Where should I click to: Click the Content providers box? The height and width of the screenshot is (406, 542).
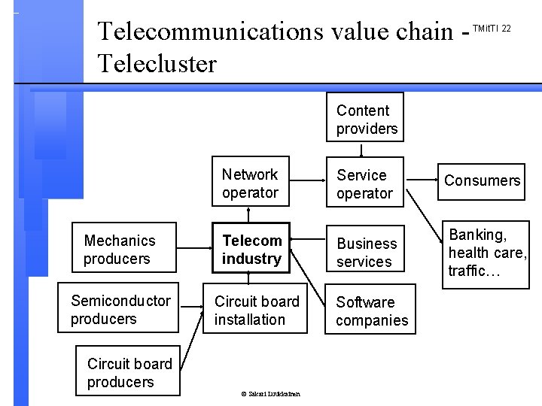(x=367, y=117)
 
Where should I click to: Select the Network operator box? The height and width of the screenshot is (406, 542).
(x=251, y=183)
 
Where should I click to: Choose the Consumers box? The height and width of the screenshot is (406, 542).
(x=482, y=180)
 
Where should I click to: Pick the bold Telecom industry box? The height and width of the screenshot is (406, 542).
(x=251, y=250)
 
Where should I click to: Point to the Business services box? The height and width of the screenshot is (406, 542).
(x=366, y=252)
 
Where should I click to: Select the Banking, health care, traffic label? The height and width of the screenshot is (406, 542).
(x=487, y=253)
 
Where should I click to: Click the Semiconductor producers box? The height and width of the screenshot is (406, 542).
(x=121, y=310)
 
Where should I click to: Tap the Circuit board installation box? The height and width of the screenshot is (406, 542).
(x=256, y=310)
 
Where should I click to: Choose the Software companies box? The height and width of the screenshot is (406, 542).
(x=371, y=311)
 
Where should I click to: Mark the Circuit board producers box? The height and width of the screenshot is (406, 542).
(x=130, y=372)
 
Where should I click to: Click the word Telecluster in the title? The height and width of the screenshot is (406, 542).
(x=157, y=63)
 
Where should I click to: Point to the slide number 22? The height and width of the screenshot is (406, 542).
(x=506, y=28)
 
